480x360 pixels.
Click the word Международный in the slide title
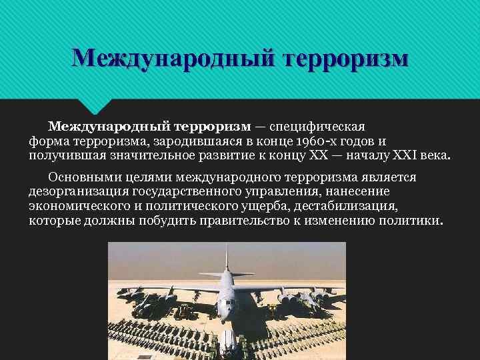point(174,58)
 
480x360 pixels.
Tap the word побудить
point(165,221)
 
